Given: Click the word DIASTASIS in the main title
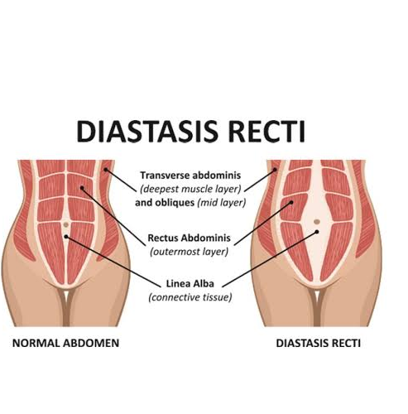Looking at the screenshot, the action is coord(147,131).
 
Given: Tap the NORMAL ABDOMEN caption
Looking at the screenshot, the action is coord(65,343).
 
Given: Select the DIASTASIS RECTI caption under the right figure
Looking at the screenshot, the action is coord(319,343).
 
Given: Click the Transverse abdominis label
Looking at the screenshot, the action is coord(190,176).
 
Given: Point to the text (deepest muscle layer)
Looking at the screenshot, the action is coord(190,189).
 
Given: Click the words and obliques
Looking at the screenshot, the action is coord(165,203).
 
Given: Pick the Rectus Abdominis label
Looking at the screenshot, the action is coord(189,238).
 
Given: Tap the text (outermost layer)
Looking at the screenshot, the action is coord(189,252).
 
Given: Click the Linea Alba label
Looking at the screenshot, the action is coord(190,283).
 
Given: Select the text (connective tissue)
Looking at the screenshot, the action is coord(190,297).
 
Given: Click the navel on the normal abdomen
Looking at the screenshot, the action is coord(65,224).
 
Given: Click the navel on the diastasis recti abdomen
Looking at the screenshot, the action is coord(317,222).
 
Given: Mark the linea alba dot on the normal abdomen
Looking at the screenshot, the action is coord(66,237).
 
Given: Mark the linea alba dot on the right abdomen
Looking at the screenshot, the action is coord(317,232).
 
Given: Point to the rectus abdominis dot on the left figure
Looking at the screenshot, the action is coord(82,188).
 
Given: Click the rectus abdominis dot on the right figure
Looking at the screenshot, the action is coord(291,202).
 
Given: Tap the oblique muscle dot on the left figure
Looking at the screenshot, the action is coord(105,170).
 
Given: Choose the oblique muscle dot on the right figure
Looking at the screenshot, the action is coord(275,170).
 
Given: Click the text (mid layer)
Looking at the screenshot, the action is coord(222,203).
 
